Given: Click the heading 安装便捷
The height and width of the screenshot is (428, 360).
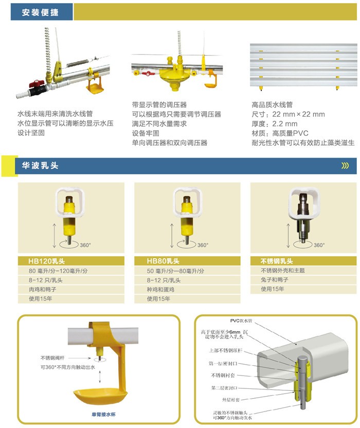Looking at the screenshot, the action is click(x=40, y=12).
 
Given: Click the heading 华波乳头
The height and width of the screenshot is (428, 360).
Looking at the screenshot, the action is click(x=40, y=166).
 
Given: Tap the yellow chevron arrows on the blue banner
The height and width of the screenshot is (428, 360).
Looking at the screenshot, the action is click(x=345, y=166).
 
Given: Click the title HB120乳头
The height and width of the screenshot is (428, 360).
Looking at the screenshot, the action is click(x=46, y=261).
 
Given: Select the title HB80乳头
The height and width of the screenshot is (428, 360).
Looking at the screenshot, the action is click(x=163, y=261).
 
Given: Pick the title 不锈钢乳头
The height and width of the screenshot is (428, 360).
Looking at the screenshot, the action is click(x=277, y=261).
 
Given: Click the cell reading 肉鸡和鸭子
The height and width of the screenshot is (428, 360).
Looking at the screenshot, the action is click(x=43, y=289).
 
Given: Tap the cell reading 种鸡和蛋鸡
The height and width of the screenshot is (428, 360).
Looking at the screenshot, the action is click(x=160, y=289).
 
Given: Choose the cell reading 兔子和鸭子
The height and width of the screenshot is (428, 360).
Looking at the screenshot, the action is click(x=274, y=280).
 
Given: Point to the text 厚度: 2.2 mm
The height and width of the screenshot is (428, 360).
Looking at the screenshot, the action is click(x=274, y=123).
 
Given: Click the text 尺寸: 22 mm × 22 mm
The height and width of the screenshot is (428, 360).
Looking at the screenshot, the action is click(x=288, y=114).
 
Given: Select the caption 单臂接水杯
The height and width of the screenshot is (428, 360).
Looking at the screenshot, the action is click(x=103, y=415).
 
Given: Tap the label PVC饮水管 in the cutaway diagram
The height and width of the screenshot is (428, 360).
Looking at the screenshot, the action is click(x=241, y=320).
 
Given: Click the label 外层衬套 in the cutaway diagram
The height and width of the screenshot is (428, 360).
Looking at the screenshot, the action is click(x=230, y=400).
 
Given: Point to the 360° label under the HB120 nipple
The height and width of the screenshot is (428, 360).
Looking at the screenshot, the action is click(x=85, y=245).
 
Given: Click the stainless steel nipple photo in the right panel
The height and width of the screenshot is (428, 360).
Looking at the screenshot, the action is click(x=303, y=216).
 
